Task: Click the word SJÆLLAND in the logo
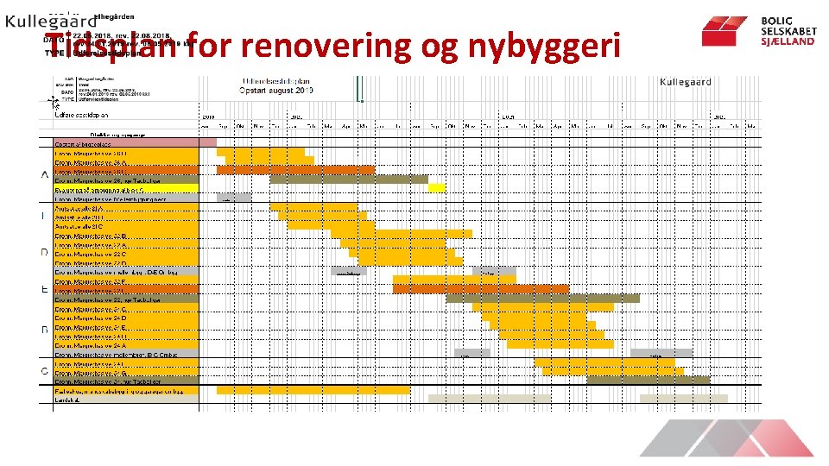(788, 41)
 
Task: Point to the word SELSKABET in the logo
(788, 31)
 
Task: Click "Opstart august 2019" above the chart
(278, 91)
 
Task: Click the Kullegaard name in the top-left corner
(50, 23)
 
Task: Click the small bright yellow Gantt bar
(437, 188)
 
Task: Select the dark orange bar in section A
(295, 170)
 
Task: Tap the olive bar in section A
(349, 179)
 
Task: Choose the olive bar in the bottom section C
(648, 380)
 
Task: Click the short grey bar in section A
(234, 198)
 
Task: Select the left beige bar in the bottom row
(489, 399)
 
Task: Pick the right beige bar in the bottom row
(683, 399)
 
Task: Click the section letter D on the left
(44, 252)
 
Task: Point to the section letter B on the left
(44, 330)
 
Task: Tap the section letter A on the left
(44, 175)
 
